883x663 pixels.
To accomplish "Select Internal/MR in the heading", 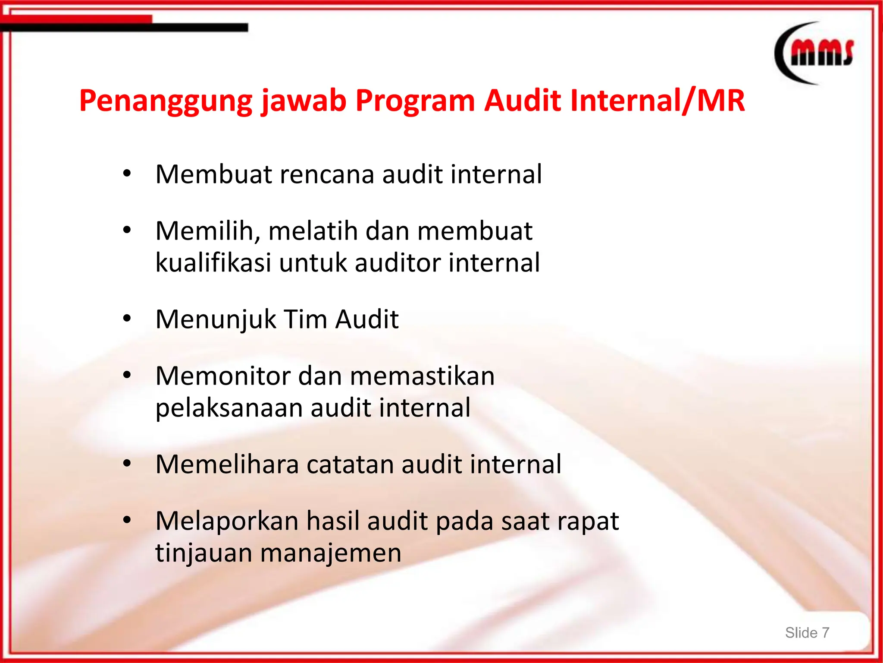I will (x=657, y=101).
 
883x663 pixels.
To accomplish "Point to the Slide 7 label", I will (x=807, y=632).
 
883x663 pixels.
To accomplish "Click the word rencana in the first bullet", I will (x=327, y=174).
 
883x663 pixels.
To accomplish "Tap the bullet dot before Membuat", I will (x=127, y=174).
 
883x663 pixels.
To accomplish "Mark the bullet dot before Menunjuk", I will (x=127, y=319).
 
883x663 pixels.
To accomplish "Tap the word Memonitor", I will (x=223, y=376).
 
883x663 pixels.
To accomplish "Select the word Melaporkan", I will (x=227, y=521).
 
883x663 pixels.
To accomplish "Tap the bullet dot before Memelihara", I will (x=127, y=464).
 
